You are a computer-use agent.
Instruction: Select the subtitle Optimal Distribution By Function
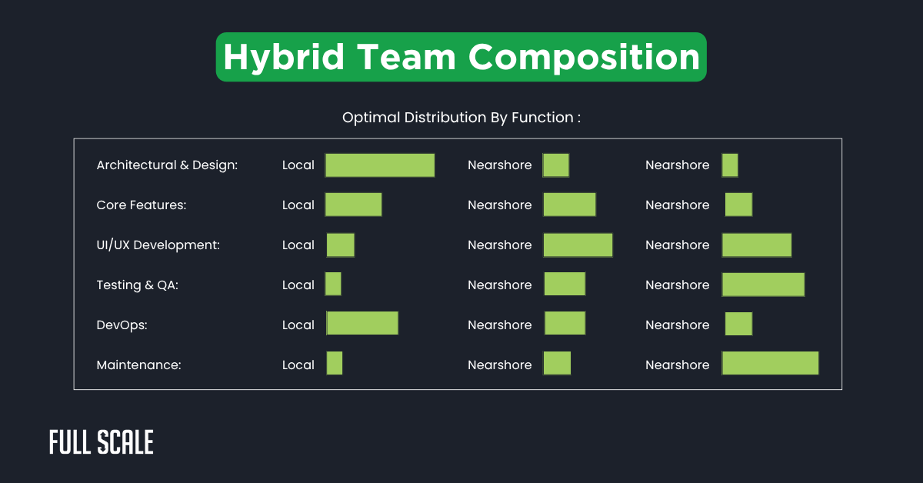[461, 118]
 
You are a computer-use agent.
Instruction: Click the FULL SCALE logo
[102, 442]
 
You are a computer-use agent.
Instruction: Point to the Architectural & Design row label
[167, 165]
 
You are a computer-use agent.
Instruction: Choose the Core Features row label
[142, 205]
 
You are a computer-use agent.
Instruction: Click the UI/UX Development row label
[158, 245]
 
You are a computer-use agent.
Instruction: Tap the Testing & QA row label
[138, 285]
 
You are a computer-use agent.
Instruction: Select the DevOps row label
[122, 325]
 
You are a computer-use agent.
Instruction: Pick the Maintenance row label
[138, 365]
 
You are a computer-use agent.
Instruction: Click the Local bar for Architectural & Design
[380, 165]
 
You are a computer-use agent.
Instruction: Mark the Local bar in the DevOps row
[362, 324]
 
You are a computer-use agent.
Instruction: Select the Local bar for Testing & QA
[333, 285]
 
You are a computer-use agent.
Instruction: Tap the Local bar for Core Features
[353, 205]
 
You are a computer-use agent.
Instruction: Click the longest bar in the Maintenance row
[770, 363]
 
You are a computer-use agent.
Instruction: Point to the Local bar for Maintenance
[335, 363]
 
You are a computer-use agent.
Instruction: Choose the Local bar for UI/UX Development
[341, 245]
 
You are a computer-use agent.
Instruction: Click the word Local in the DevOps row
[298, 325]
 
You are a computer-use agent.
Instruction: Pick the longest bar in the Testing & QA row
[763, 285]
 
